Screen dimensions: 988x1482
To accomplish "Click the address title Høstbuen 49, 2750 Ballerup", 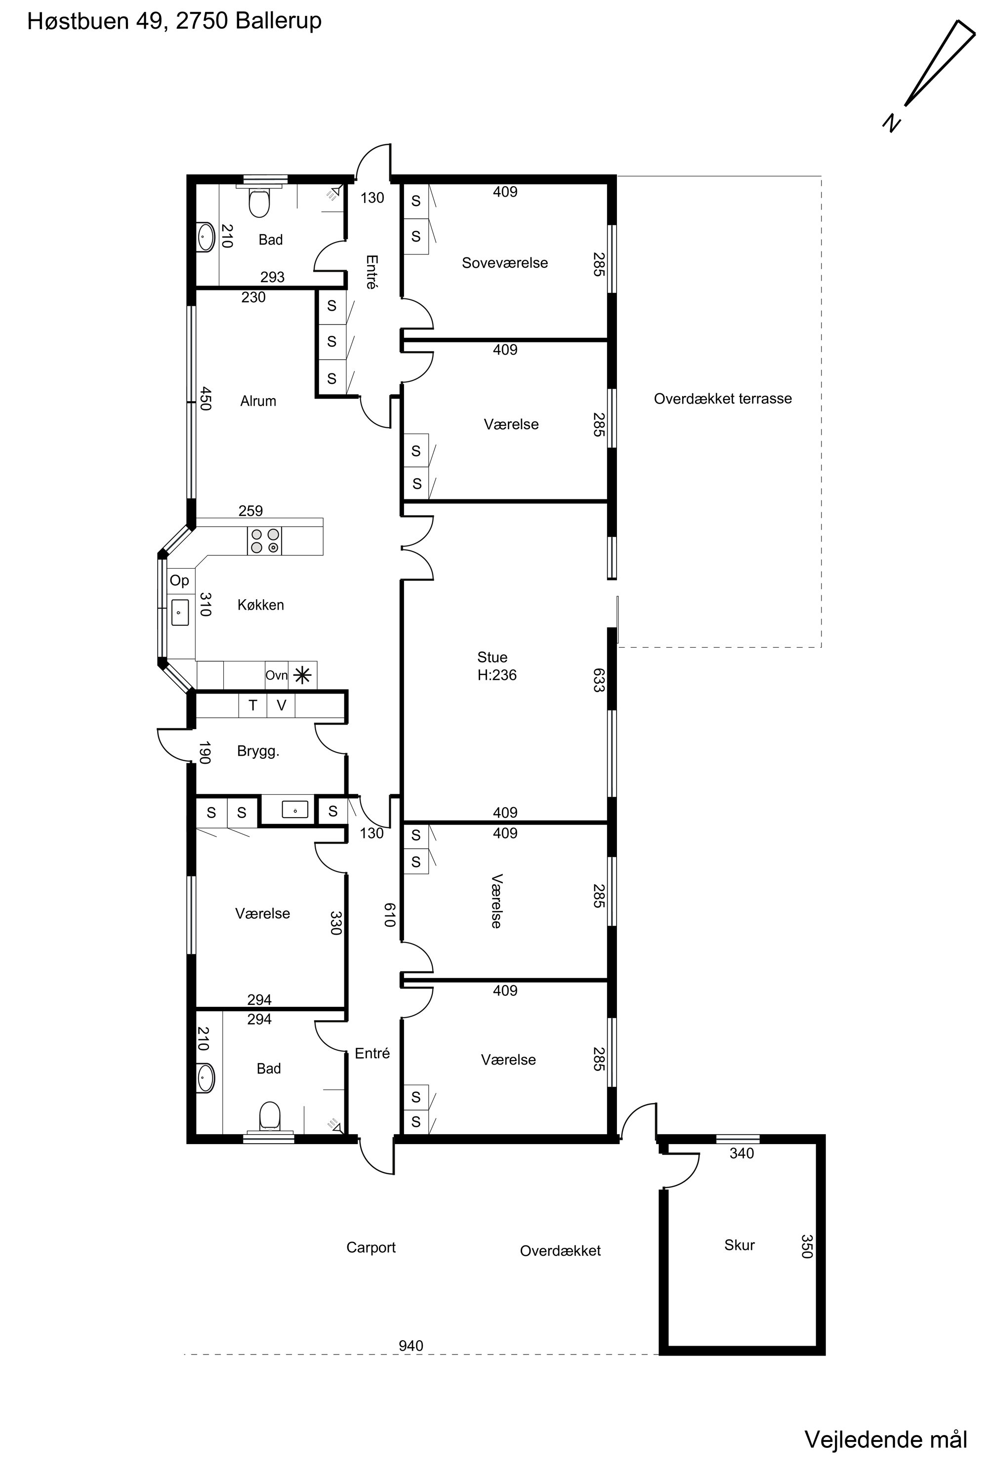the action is (x=174, y=21).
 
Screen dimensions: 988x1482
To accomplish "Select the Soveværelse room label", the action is (x=505, y=263).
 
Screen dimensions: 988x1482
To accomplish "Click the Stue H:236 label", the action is (x=496, y=666).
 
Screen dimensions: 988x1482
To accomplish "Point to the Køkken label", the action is (x=261, y=605).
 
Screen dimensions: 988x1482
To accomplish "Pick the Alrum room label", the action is (x=258, y=401).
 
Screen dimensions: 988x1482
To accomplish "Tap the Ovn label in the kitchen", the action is (x=277, y=675).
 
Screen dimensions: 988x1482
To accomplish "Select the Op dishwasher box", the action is (x=180, y=580).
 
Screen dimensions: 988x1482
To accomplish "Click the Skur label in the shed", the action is (x=740, y=1244).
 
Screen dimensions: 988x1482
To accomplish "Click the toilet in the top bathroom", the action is (x=259, y=202).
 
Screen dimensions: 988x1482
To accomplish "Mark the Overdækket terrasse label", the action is (x=723, y=399).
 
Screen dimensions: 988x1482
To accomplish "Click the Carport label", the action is (x=371, y=1248).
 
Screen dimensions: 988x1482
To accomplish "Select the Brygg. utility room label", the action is (x=258, y=751).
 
